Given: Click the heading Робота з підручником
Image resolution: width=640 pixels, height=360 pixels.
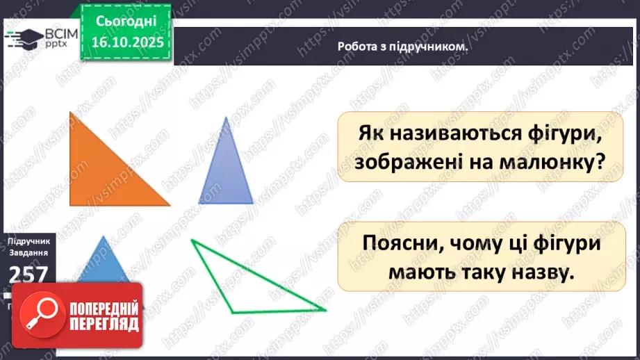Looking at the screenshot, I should pos(402,47).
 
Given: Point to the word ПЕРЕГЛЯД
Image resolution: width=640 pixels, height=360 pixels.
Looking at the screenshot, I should pos(95,325).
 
